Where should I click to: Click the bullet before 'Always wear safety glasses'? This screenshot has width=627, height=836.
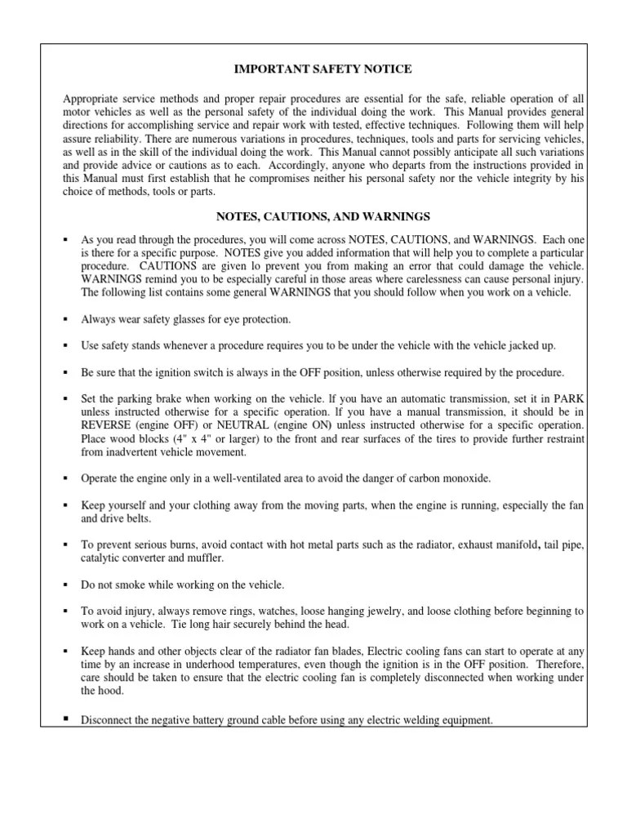click(x=64, y=318)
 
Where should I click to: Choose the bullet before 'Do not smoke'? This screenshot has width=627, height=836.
click(x=64, y=585)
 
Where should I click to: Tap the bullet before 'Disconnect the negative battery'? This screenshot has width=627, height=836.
click(x=64, y=719)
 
